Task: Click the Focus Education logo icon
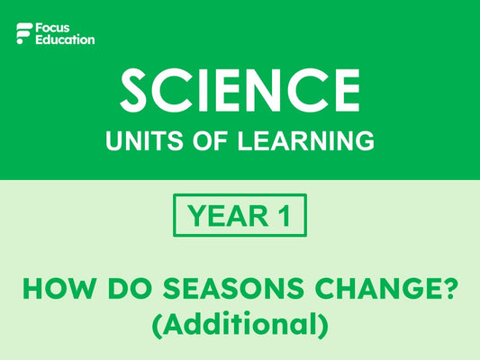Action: click(x=23, y=34)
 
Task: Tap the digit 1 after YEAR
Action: click(x=286, y=215)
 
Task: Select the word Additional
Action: click(x=240, y=322)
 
